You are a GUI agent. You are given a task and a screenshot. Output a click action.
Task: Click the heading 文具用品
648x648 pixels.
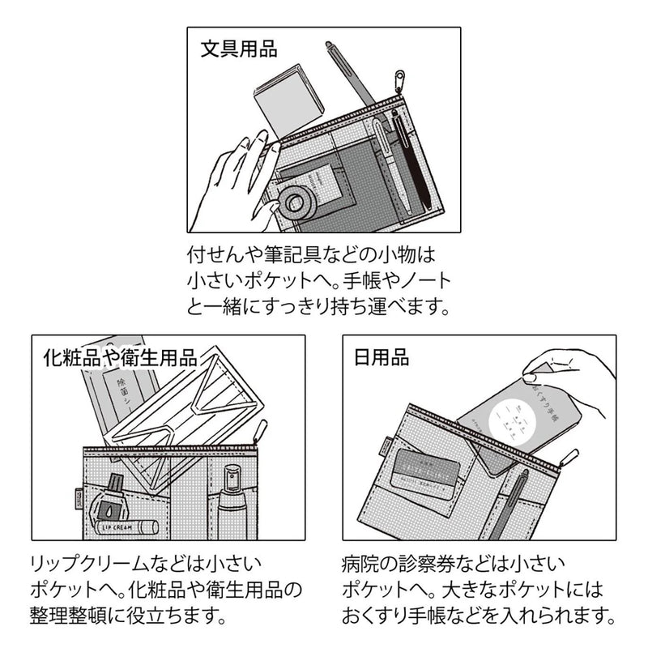click(238, 49)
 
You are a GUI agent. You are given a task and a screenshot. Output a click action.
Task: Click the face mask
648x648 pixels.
click(191, 410)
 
